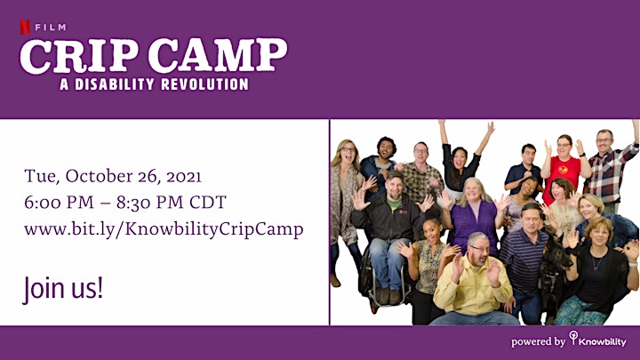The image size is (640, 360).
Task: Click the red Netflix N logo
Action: pos(25,28)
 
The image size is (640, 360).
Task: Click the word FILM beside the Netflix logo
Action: pos(51,28)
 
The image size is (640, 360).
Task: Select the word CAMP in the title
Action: pos(218,56)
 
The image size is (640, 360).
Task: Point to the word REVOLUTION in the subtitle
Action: pos(205,84)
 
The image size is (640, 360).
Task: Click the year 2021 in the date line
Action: pos(184,177)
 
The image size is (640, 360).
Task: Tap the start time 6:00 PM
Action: pos(60,203)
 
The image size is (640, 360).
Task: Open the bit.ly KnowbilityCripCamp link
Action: pos(164,230)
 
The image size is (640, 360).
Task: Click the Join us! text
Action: pos(62,289)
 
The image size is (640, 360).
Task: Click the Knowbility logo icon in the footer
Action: pos(574,338)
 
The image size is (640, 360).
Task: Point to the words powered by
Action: pos(538,341)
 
